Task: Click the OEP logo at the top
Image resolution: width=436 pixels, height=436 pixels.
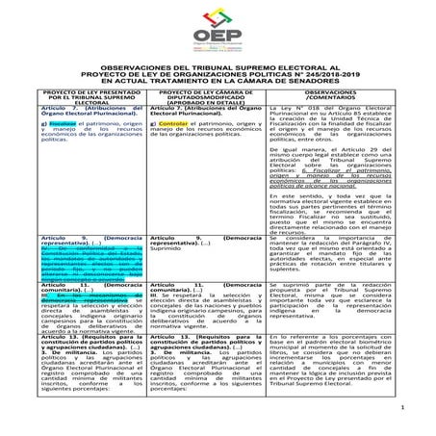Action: (x=218, y=36)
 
